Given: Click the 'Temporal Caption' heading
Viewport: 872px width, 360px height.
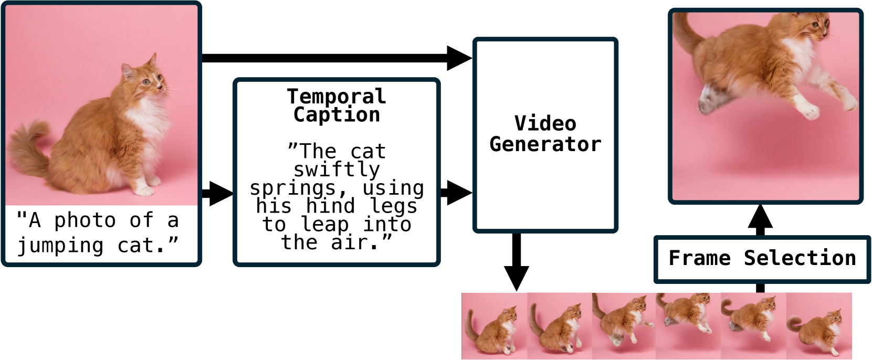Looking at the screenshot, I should coord(337,105).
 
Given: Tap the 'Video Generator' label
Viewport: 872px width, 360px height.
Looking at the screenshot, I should coord(545,134).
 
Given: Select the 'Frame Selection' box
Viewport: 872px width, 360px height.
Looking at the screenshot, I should coord(762,259).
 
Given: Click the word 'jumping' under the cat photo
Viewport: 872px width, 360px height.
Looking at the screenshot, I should coord(61,246).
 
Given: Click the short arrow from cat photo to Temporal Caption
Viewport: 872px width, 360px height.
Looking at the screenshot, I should coord(217,193).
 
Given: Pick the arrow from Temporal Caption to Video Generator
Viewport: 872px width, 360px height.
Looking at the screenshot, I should coord(455,193).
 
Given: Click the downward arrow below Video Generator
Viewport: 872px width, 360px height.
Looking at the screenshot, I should coord(517,262).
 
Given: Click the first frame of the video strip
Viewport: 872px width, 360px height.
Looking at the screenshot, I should coord(494,326).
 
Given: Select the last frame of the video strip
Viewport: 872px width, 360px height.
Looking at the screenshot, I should coord(819,326).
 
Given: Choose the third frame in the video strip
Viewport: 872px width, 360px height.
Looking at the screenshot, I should coord(624,326).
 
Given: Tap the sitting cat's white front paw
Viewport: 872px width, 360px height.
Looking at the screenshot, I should coord(144,189).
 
